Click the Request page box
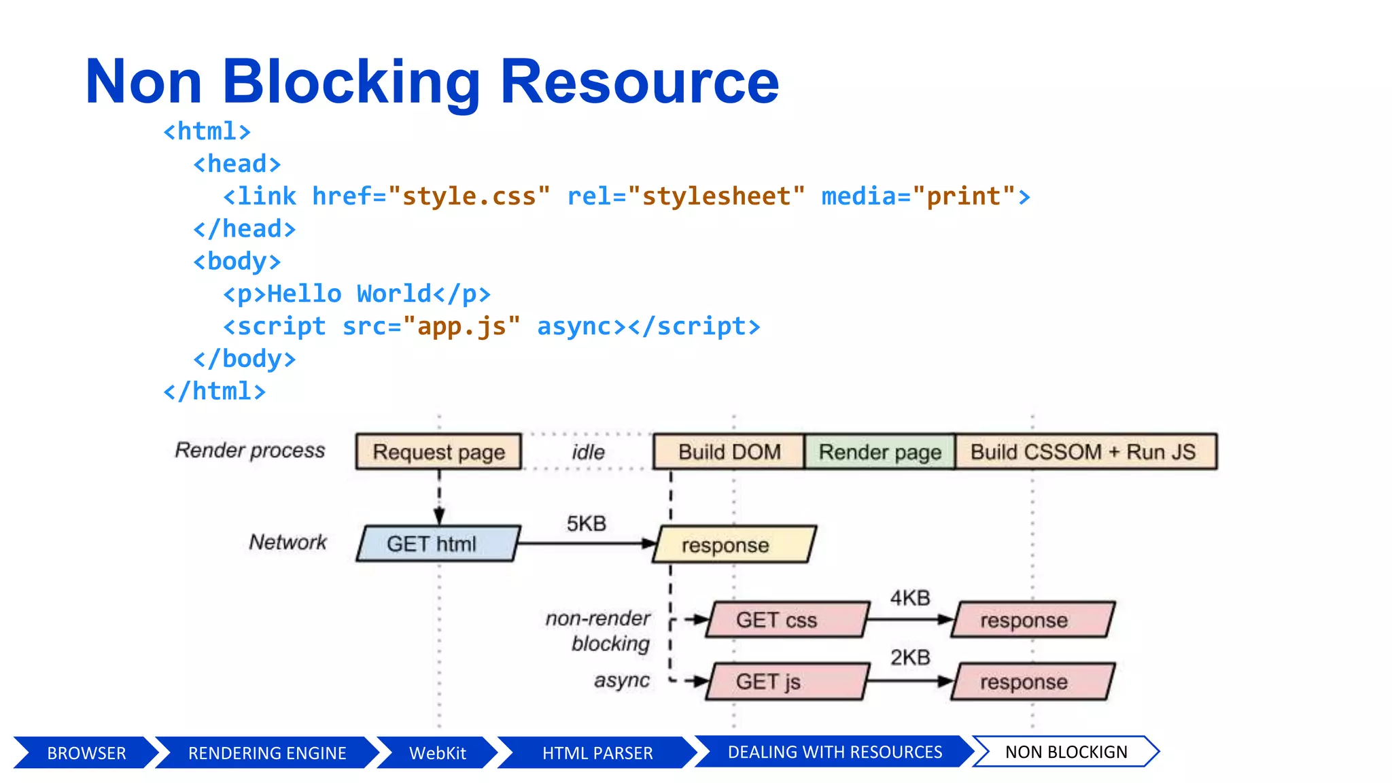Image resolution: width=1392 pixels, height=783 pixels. [x=438, y=452]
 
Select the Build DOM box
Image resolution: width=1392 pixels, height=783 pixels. [x=729, y=452]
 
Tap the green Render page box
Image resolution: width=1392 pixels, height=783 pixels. [x=880, y=452]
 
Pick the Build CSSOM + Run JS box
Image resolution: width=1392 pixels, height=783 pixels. [x=1085, y=452]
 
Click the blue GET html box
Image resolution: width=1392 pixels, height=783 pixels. [x=437, y=544]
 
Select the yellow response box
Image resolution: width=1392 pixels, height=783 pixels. [x=733, y=545]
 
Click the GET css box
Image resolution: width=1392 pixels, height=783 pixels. [x=786, y=620]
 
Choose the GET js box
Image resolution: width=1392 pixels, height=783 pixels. [x=786, y=682]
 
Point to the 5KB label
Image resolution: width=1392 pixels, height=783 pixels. [x=586, y=524]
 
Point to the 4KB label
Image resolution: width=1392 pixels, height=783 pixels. [x=909, y=598]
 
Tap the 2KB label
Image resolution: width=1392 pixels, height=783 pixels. [x=909, y=658]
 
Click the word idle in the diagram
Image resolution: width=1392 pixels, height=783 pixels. [x=588, y=452]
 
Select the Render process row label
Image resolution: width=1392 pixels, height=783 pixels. [x=249, y=450]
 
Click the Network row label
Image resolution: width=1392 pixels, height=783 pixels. [x=287, y=542]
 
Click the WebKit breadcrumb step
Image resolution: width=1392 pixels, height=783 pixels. [x=437, y=753]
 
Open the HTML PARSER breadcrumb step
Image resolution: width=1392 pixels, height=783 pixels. [x=597, y=753]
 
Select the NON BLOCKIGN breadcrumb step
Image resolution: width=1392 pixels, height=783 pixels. [x=1065, y=752]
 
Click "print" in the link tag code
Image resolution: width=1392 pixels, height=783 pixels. [x=964, y=196]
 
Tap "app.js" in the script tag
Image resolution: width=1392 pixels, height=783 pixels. [x=462, y=326]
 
